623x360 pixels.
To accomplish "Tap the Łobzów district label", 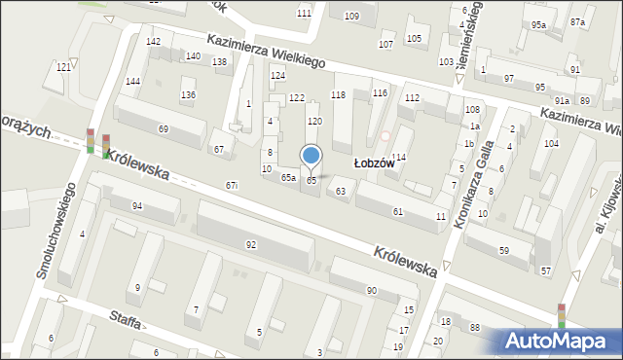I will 373,164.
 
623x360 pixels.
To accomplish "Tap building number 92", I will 251,244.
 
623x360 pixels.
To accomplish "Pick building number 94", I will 137,205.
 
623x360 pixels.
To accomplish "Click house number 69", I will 164,129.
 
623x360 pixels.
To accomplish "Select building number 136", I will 188,94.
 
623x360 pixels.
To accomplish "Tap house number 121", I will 63,66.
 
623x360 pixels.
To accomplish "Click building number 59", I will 503,251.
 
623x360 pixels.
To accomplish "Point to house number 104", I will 551,143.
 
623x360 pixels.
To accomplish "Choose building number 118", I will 338,94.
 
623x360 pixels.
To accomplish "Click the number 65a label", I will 288,178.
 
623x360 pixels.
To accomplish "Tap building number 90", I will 371,290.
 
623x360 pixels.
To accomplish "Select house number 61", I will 397,211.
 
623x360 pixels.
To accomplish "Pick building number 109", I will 351,17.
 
